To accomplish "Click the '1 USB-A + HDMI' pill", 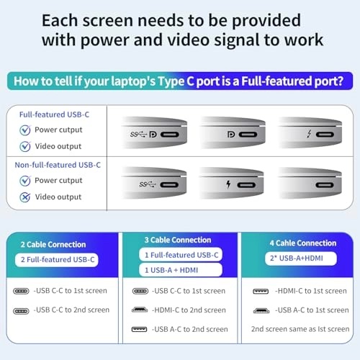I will click(x=168, y=269).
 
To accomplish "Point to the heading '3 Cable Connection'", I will click(x=176, y=240).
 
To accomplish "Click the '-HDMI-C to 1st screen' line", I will click(x=310, y=291).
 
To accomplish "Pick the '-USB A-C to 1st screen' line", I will click(x=310, y=310).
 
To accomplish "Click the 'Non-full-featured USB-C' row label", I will click(x=57, y=165).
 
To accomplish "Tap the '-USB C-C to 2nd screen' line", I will click(x=71, y=310).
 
